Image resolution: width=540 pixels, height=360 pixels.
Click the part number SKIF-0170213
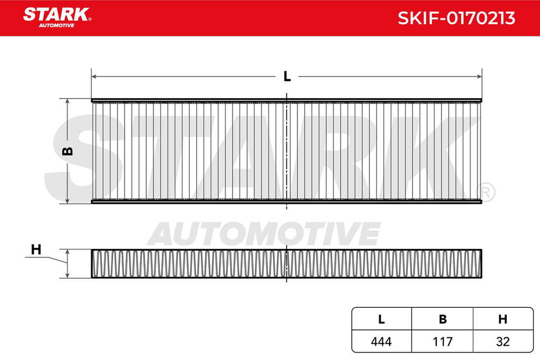pyautogui.click(x=456, y=18)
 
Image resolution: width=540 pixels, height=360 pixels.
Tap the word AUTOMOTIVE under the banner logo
pyautogui.click(x=56, y=25)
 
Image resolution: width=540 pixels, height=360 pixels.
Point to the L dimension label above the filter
pyautogui.click(x=287, y=76)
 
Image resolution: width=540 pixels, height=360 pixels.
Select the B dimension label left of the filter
pyautogui.click(x=68, y=151)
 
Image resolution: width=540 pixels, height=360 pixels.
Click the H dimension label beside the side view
pyautogui.click(x=36, y=249)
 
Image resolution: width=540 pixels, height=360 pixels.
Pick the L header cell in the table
pyautogui.click(x=381, y=319)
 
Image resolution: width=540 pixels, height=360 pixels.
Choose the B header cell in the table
pyautogui.click(x=442, y=319)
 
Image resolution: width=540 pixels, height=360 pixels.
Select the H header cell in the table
pyautogui.click(x=503, y=319)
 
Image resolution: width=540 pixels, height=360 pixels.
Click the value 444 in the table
pyautogui.click(x=381, y=342)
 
